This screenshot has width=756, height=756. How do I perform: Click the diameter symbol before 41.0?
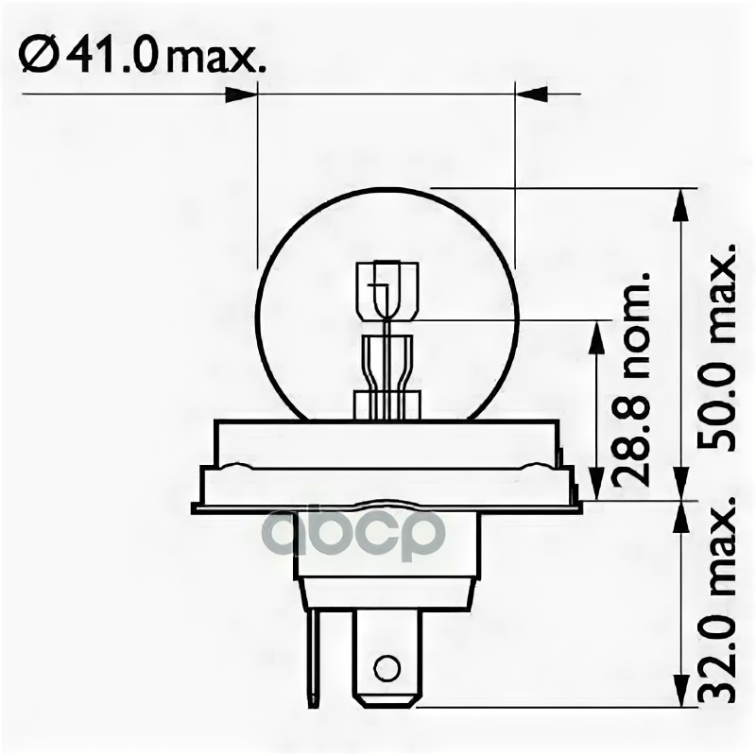pyautogui.click(x=39, y=56)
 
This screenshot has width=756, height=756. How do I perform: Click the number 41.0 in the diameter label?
pyautogui.click(x=112, y=56)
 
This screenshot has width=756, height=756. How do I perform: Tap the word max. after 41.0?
pyautogui.click(x=215, y=60)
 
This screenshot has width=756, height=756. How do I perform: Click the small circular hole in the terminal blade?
pyautogui.click(x=387, y=669)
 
